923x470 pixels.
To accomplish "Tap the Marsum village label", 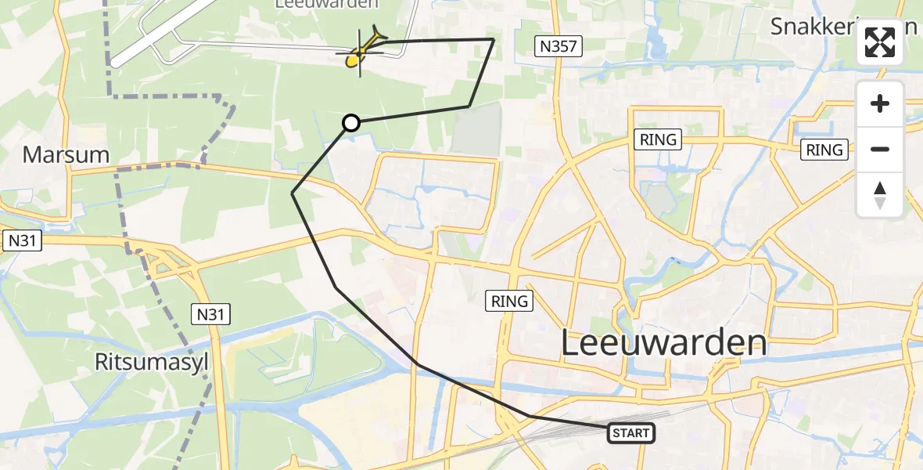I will click(x=66, y=154).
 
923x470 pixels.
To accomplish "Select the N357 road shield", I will click(x=558, y=46).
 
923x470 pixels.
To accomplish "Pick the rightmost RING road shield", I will click(x=824, y=149).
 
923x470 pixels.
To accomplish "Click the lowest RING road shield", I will click(x=511, y=300).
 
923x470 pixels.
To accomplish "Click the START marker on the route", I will click(x=630, y=432).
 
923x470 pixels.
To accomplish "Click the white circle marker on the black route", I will click(x=351, y=122).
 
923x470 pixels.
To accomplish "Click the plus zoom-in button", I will click(x=880, y=103).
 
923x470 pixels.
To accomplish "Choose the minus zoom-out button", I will click(x=880, y=149).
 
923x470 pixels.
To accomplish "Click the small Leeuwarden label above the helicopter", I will click(x=326, y=4).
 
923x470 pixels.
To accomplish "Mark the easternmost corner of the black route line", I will click(x=494, y=38).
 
